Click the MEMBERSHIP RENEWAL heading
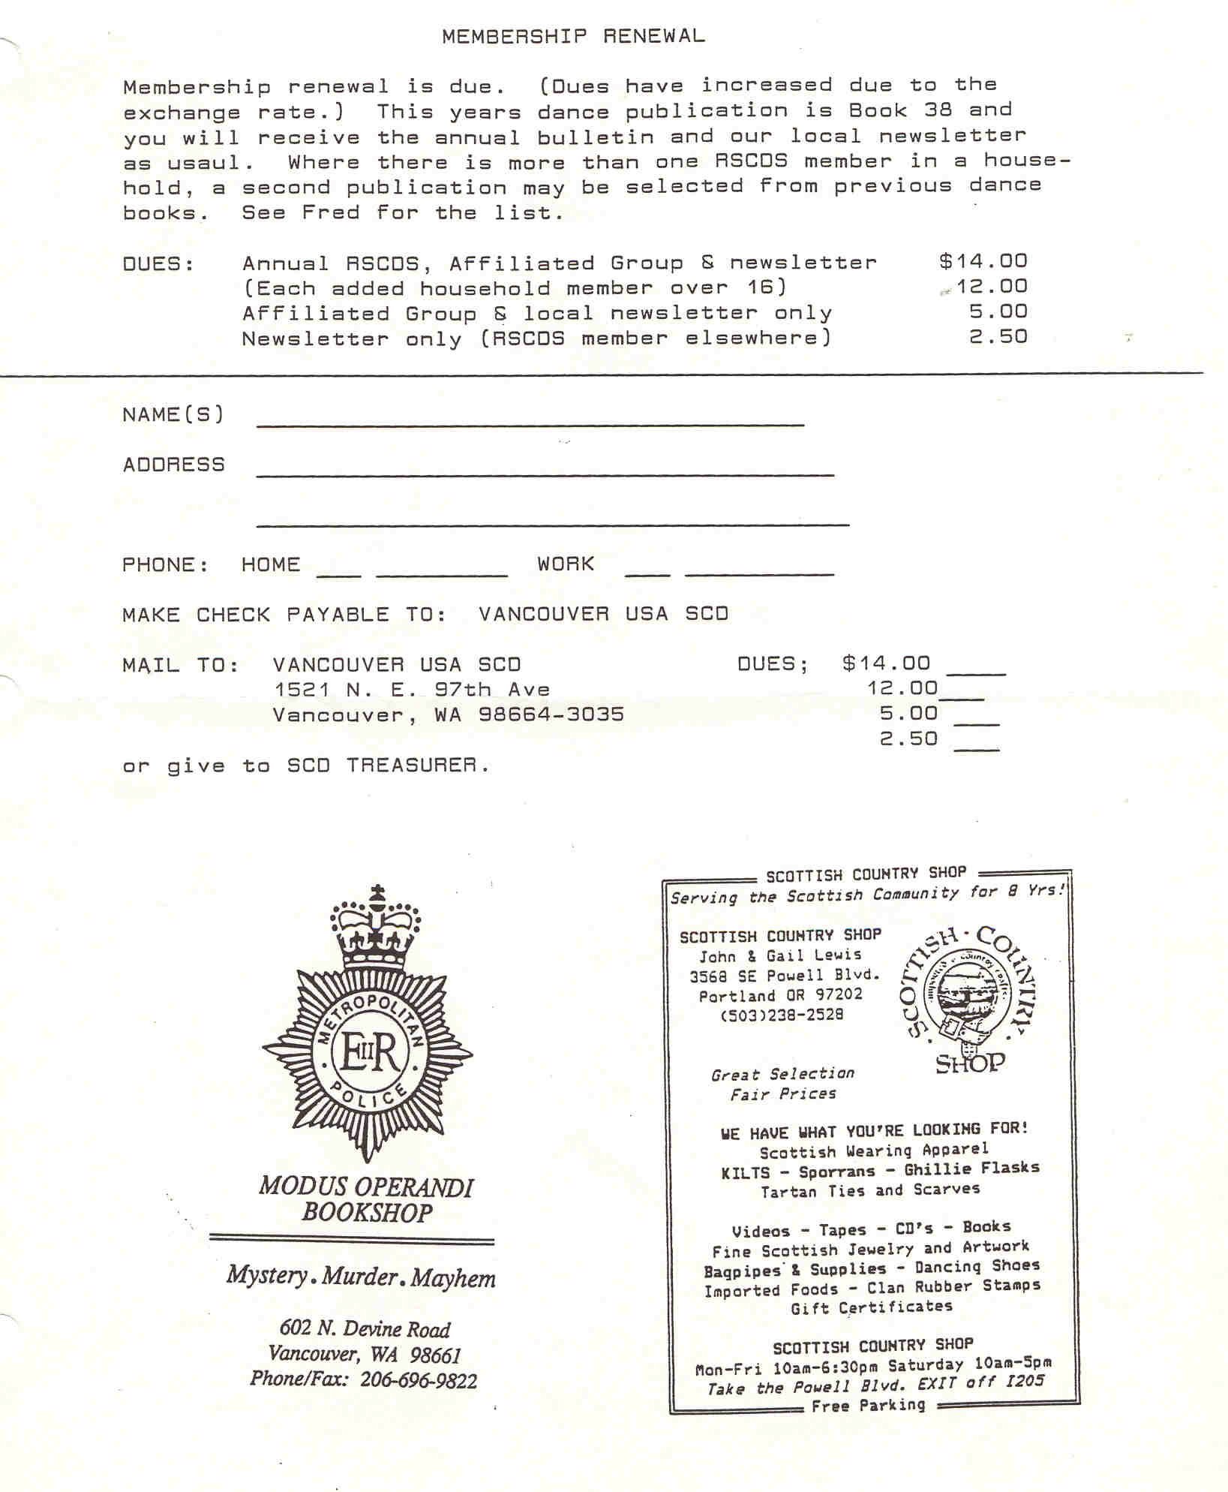[x=573, y=36]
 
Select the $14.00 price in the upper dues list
[x=983, y=261]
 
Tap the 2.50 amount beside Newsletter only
[x=998, y=337]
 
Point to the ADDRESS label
[x=173, y=465]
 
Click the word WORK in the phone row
[x=566, y=564]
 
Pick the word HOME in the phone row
[x=271, y=564]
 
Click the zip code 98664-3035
[x=551, y=714]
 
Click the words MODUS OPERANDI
[x=366, y=1187]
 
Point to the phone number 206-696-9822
[x=418, y=1380]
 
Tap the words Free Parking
[x=868, y=1405]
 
